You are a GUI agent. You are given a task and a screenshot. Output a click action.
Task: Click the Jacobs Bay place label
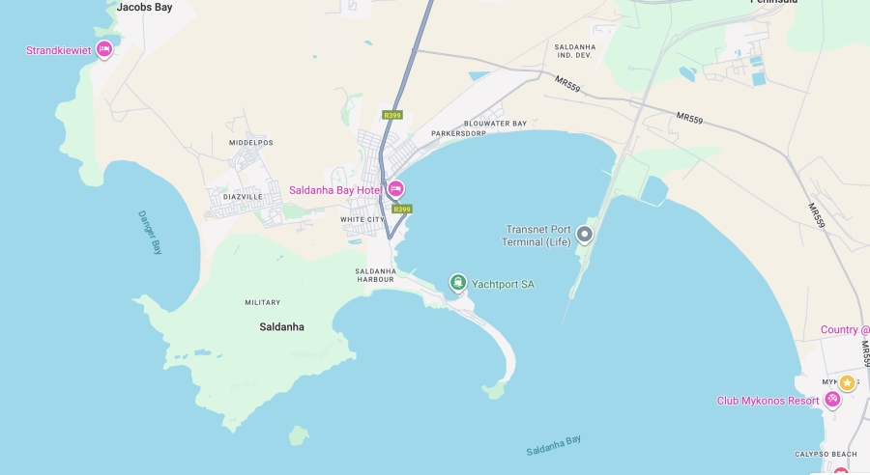click(x=144, y=7)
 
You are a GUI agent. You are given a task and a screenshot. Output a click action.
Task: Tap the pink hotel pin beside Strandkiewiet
click(x=104, y=49)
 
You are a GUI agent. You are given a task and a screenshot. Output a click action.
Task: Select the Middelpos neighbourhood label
click(x=251, y=143)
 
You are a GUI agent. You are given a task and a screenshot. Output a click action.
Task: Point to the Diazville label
click(x=243, y=196)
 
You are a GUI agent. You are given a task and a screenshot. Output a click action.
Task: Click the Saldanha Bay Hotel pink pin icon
click(x=395, y=189)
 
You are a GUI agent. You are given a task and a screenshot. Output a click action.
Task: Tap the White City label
click(x=362, y=219)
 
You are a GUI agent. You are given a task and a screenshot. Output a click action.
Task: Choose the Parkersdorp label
click(x=458, y=133)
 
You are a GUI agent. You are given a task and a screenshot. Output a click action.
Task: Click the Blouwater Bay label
click(x=496, y=124)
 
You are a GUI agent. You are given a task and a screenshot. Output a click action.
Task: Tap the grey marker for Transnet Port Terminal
click(x=584, y=234)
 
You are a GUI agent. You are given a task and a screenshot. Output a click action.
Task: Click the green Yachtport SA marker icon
click(x=458, y=283)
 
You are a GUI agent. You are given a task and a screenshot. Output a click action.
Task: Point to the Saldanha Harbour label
click(x=376, y=275)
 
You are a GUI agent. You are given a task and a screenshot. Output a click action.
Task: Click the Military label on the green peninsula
click(x=263, y=302)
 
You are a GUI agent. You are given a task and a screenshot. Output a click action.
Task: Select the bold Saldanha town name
click(x=281, y=327)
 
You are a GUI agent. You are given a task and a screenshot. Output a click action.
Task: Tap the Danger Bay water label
click(x=150, y=233)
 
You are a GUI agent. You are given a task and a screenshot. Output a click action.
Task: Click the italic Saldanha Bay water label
click(x=554, y=445)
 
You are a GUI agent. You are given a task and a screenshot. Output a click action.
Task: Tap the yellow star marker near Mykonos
click(x=847, y=383)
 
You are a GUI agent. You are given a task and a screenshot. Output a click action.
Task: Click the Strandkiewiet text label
click(x=58, y=50)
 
